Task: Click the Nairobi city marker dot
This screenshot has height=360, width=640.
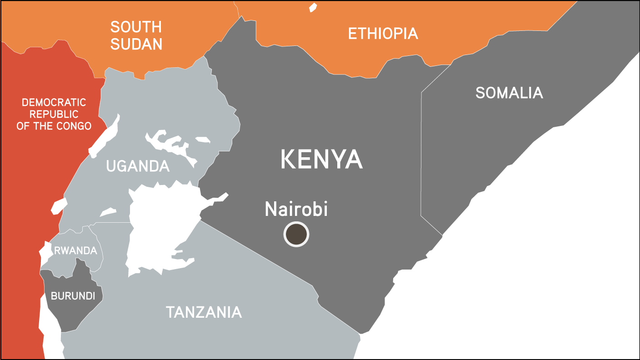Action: tap(296, 235)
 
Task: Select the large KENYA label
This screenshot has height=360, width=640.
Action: tap(321, 160)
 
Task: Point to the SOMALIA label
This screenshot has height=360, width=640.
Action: tap(509, 93)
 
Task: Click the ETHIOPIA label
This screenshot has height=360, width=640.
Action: tap(383, 34)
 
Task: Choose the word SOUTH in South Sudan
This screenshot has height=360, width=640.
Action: tap(136, 27)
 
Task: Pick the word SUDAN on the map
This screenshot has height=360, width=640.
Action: tap(136, 44)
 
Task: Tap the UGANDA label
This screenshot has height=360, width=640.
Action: tap(138, 166)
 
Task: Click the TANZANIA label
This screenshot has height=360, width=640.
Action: tap(204, 312)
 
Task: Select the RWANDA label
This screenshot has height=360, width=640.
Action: tap(75, 250)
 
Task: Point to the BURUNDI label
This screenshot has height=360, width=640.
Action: tap(73, 296)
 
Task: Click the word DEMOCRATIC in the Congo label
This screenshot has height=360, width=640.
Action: tap(54, 103)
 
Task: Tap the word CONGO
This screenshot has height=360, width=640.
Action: tap(75, 126)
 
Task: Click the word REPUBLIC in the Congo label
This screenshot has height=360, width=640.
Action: tap(54, 114)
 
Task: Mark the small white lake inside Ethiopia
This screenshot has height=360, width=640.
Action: tap(313, 7)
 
